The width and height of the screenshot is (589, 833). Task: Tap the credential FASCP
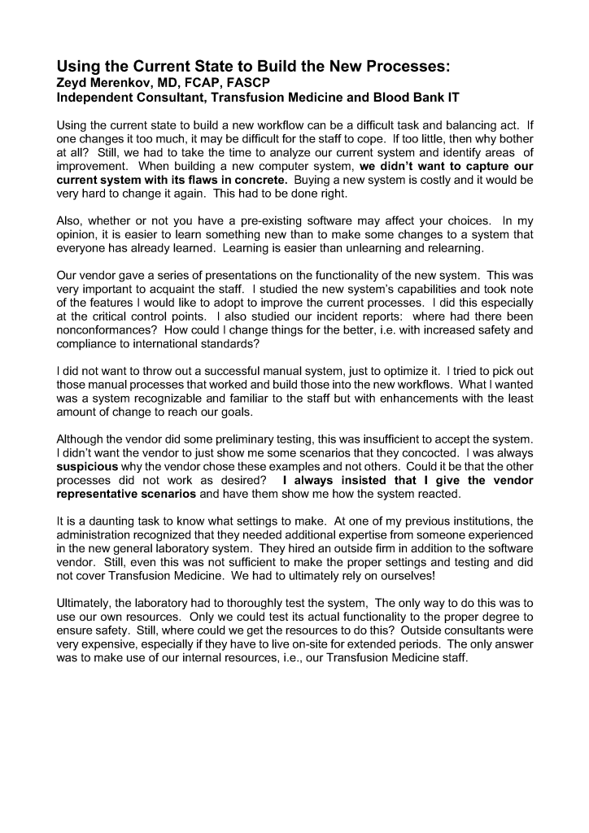click(x=226, y=82)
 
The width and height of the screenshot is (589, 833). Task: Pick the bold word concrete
click(x=260, y=178)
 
